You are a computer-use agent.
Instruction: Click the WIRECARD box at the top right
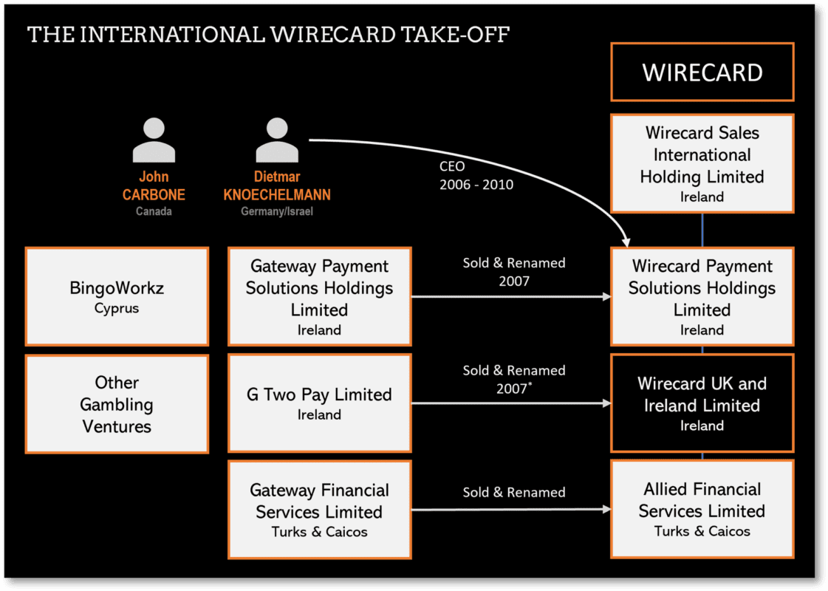[x=702, y=72]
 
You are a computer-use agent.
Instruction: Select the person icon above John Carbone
[x=154, y=140]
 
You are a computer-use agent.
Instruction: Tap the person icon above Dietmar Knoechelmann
[x=277, y=140]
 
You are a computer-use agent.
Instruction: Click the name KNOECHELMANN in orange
[x=277, y=195]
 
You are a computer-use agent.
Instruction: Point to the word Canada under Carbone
[x=154, y=211]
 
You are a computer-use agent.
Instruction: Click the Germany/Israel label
[x=277, y=211]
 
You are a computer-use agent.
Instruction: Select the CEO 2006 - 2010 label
[x=476, y=176]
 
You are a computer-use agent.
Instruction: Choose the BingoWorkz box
[x=117, y=296]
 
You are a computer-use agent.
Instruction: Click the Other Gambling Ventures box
[x=117, y=404]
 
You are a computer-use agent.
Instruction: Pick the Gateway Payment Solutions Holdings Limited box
[x=319, y=296]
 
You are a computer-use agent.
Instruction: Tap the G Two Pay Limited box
[x=319, y=403]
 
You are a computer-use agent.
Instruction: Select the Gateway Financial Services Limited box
[x=319, y=510]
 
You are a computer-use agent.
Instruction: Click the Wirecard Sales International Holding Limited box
[x=702, y=163]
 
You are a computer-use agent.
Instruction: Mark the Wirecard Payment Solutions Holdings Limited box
[x=702, y=296]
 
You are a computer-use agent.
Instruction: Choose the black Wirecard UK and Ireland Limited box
[x=702, y=403]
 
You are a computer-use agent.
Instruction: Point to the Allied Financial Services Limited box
[x=702, y=509]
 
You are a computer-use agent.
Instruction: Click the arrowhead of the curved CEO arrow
[x=626, y=240]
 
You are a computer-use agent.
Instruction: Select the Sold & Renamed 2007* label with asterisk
[x=514, y=379]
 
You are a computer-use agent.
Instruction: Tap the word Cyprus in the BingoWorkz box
[x=117, y=309]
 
